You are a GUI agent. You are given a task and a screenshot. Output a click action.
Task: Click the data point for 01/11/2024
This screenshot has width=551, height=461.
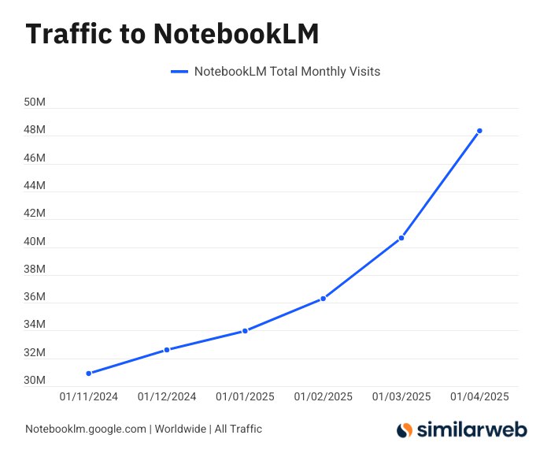[x=89, y=373]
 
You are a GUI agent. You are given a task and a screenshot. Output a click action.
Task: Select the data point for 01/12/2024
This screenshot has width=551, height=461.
[x=167, y=349]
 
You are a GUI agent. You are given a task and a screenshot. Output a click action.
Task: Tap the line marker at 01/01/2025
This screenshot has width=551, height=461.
[x=245, y=331]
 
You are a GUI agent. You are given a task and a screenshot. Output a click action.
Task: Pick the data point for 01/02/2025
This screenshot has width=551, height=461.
[x=323, y=299]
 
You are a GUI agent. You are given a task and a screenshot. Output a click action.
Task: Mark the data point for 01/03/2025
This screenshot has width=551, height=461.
[x=401, y=238]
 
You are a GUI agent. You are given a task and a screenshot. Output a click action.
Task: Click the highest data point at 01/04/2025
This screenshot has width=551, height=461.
[x=479, y=131]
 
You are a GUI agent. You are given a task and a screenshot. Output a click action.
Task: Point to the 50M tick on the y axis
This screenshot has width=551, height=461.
[x=35, y=102]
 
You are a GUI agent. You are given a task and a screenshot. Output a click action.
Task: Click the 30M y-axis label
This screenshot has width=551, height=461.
[x=35, y=381]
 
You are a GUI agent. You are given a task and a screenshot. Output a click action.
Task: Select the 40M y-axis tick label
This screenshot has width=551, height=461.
[x=35, y=242]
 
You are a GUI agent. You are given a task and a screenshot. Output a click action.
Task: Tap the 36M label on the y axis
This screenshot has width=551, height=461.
[x=35, y=297]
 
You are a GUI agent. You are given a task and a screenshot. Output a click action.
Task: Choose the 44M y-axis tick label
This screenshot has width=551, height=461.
[x=35, y=186]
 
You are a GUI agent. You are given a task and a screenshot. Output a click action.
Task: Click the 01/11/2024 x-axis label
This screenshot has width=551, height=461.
[x=89, y=396]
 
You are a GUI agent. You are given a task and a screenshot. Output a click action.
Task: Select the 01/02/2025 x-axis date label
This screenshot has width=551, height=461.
[x=323, y=396]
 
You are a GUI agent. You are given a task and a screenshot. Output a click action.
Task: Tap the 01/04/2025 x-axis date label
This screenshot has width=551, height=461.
[x=479, y=396]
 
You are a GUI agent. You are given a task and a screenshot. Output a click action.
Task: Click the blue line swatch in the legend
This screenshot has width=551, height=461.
[x=179, y=72]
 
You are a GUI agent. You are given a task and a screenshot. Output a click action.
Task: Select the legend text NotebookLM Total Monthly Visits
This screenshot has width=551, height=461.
[x=287, y=72]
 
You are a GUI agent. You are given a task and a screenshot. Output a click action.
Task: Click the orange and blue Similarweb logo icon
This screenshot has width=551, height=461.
[x=404, y=430]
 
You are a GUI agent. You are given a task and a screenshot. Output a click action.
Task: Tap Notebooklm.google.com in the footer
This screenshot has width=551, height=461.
[x=86, y=429]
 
